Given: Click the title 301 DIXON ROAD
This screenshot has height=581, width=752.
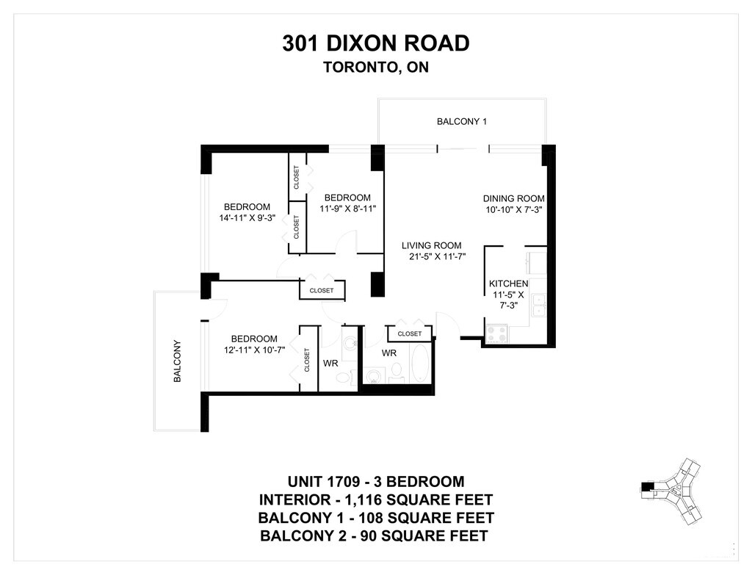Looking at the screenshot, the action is [x=375, y=43].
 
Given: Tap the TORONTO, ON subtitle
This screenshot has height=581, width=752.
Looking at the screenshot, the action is [x=376, y=67].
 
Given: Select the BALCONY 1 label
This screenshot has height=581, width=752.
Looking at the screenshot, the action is [x=462, y=121].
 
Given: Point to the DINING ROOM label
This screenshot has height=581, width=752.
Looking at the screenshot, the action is [x=513, y=198].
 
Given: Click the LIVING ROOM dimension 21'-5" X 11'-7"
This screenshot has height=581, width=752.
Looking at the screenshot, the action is [x=438, y=256].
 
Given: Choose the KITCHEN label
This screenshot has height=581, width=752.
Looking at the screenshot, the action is [x=508, y=284].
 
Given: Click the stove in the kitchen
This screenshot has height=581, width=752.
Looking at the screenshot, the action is [x=497, y=334].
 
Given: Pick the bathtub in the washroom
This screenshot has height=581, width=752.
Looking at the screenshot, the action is [x=421, y=363].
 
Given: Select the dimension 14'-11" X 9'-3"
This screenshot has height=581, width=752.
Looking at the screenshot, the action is [x=247, y=218].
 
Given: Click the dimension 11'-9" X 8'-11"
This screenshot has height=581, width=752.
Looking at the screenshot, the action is [x=347, y=209].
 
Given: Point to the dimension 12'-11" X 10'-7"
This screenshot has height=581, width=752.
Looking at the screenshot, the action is [x=255, y=350].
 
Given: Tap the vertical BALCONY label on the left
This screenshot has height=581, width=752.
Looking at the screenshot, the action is [x=177, y=361].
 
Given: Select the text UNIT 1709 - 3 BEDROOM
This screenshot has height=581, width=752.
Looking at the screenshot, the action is [x=376, y=481].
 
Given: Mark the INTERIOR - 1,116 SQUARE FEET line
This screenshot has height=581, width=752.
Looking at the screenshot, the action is [x=376, y=499].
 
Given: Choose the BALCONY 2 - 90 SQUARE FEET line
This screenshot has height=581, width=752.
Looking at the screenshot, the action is [x=374, y=535].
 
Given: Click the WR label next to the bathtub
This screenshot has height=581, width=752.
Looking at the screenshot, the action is [x=389, y=353].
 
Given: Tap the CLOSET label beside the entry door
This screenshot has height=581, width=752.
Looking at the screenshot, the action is [x=410, y=333].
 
